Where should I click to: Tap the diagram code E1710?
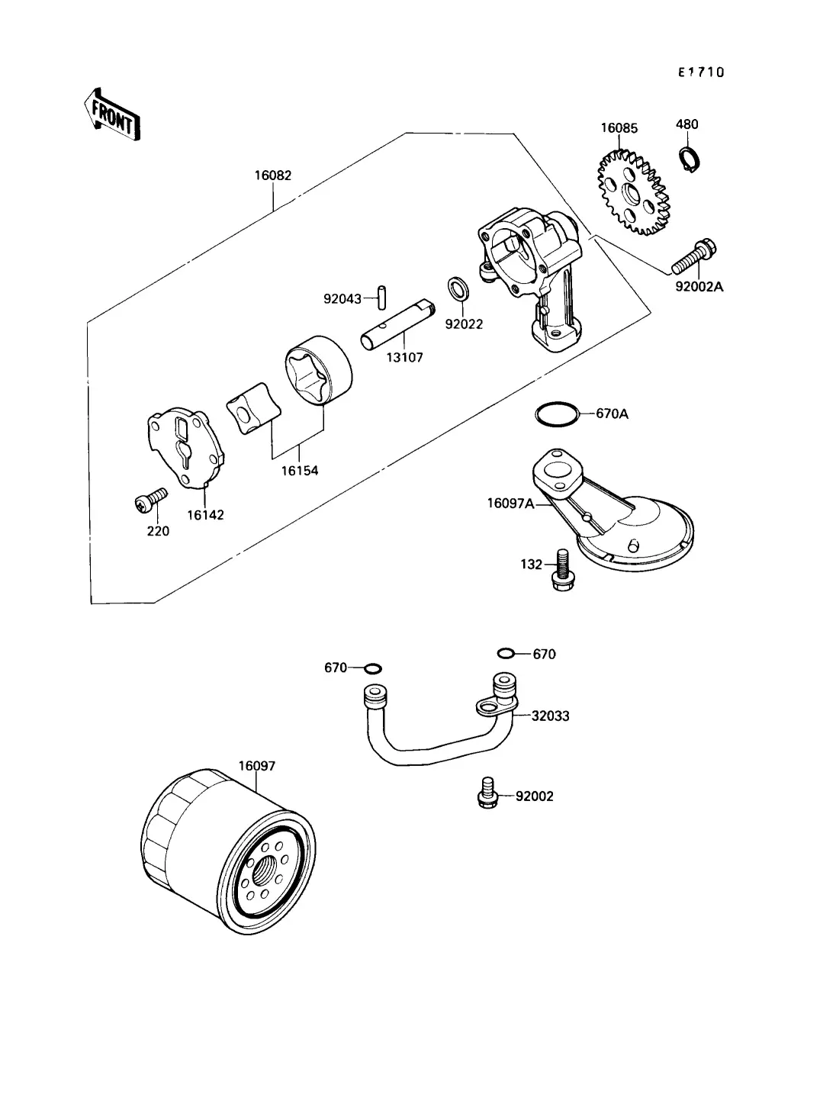click(x=701, y=72)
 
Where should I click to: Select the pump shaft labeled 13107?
click(x=397, y=327)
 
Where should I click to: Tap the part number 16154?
click(x=299, y=471)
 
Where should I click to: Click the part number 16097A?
click(x=511, y=504)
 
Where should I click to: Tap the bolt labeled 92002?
click(x=487, y=793)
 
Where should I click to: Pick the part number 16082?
click(x=272, y=175)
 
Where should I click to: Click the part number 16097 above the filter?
click(x=256, y=765)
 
